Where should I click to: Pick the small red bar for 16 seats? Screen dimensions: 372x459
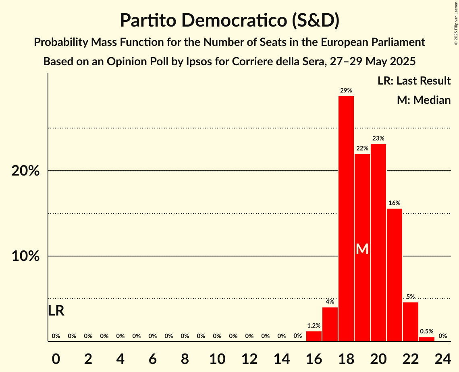tap(314, 336)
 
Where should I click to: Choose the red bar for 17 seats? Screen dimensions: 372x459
tap(330, 324)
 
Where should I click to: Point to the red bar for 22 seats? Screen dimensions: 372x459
tap(410, 322)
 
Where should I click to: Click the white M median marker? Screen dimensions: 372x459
tap(362, 249)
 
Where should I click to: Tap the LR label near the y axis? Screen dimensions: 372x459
tap(56, 311)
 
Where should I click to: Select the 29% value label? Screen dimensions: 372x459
tap(346, 91)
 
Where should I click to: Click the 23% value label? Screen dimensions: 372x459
tap(378, 138)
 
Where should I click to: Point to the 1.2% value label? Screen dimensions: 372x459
tap(314, 326)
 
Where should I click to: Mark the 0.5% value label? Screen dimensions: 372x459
tap(426, 331)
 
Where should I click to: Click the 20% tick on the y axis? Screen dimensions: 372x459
tap(25, 171)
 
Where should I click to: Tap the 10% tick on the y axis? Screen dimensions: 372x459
tap(25, 256)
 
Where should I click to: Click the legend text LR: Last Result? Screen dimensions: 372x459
tap(414, 81)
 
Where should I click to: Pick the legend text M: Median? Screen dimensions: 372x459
tap(424, 100)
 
